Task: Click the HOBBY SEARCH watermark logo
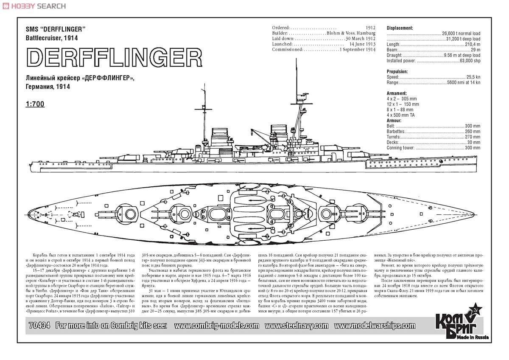point(34,6)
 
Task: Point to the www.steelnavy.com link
point(296,326)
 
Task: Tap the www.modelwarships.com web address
point(375,326)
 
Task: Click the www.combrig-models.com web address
point(216,326)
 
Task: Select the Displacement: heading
point(400,28)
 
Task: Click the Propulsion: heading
point(398,71)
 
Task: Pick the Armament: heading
point(397,93)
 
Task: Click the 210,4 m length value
point(472,44)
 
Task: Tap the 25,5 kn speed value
point(473,77)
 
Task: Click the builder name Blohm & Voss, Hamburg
point(351,33)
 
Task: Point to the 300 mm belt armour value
point(472,126)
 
